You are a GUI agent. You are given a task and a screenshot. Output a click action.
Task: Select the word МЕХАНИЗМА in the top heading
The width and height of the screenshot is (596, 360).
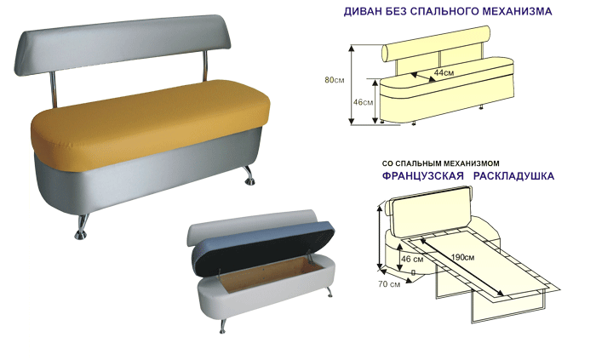click(x=512, y=13)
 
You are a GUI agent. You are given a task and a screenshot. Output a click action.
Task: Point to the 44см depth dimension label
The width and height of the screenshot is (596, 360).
click(x=444, y=73)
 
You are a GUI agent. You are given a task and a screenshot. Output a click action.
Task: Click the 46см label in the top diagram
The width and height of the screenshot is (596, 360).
click(x=363, y=102)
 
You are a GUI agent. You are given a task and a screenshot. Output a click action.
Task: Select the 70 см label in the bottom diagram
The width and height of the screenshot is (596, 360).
click(x=389, y=283)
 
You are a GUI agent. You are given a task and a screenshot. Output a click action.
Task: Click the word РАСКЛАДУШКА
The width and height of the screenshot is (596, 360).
click(x=516, y=176)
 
